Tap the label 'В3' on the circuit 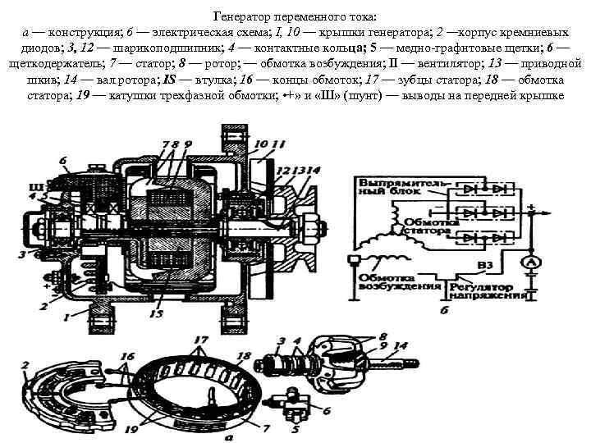click(x=488, y=265)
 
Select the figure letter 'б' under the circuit click(x=445, y=309)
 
